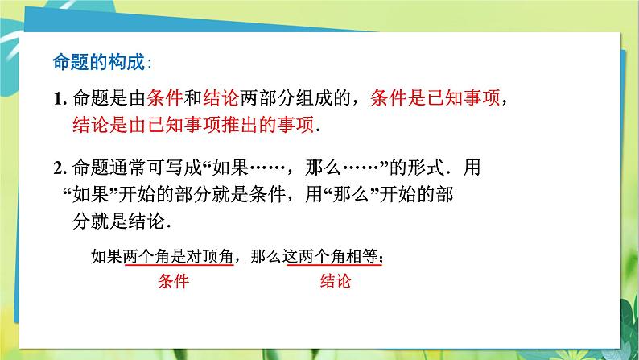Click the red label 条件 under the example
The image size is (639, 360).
174,283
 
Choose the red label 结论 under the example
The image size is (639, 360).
336,283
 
